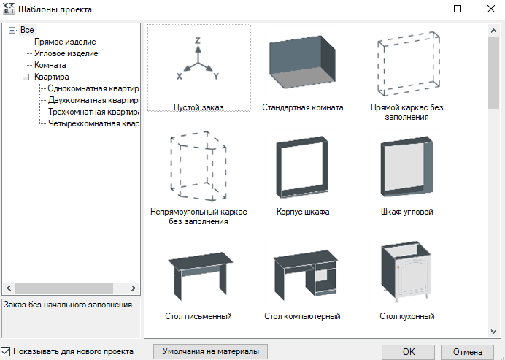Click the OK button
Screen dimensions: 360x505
click(x=409, y=351)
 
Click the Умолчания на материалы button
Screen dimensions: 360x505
click(x=211, y=351)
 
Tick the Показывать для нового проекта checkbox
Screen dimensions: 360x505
click(x=7, y=351)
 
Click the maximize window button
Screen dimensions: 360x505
click(x=458, y=9)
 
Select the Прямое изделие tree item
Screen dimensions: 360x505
click(x=65, y=42)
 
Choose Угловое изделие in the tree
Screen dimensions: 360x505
click(x=66, y=53)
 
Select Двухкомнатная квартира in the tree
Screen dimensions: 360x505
click(x=93, y=100)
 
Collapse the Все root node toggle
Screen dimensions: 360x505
click(x=12, y=30)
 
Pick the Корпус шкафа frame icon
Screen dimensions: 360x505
click(x=302, y=169)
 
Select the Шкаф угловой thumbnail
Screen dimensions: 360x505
click(x=406, y=169)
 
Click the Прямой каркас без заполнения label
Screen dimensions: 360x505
click(x=406, y=112)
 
